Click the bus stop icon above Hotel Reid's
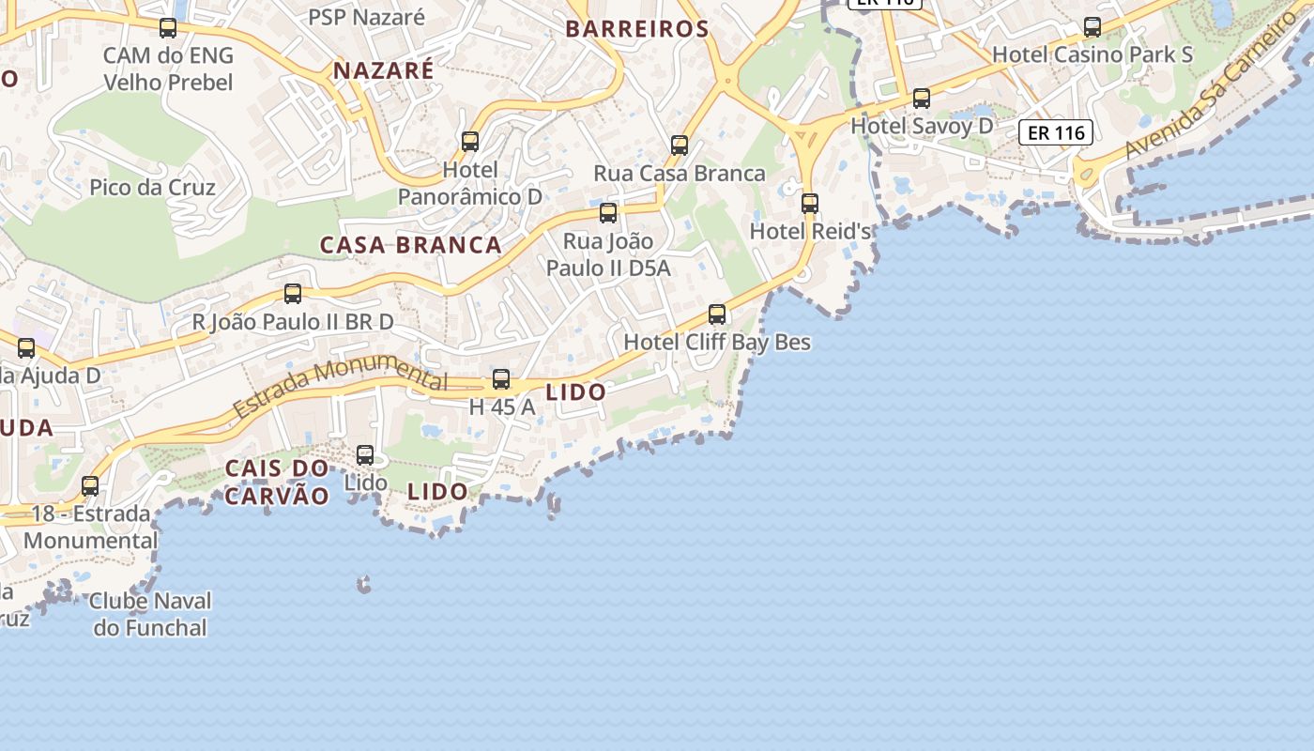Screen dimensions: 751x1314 [809, 203]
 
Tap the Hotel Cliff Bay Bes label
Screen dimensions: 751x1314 [717, 343]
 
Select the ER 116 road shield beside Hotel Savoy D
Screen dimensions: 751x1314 [1056, 132]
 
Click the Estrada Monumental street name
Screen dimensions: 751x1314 [340, 387]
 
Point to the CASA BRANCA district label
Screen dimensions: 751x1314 [411, 245]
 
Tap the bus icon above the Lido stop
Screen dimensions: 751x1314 [365, 455]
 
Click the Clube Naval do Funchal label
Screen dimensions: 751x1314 [150, 614]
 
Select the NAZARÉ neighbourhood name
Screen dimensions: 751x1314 [384, 70]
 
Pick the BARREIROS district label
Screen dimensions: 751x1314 [636, 29]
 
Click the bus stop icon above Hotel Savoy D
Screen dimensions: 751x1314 [922, 98]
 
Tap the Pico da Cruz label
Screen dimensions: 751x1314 [152, 187]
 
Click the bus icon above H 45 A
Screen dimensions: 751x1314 [501, 379]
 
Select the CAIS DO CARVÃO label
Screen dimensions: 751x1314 [277, 482]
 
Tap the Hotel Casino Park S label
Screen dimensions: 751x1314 [1092, 54]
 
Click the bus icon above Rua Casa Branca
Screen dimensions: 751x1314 [680, 146]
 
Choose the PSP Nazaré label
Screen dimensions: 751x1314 [367, 16]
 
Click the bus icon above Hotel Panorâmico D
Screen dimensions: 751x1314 [470, 142]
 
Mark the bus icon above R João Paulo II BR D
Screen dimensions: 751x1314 [293, 294]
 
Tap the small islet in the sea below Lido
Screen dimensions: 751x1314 [364, 586]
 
